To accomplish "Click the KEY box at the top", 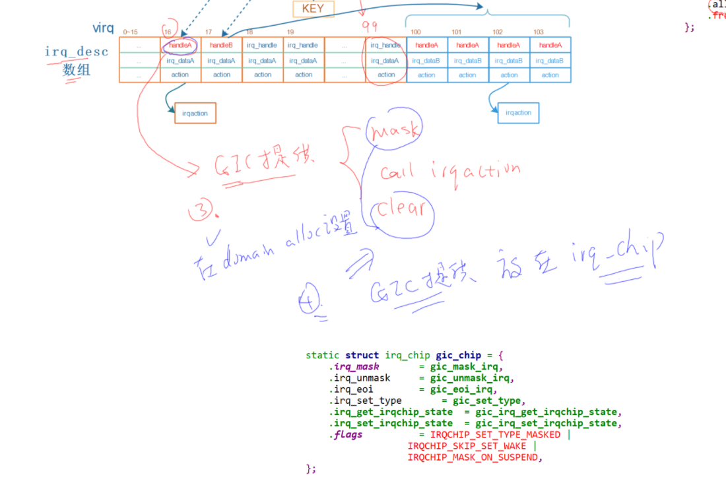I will [x=313, y=9].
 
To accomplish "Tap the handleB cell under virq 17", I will [x=221, y=45].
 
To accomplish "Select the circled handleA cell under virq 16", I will [x=180, y=45].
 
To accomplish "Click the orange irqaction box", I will [x=195, y=114].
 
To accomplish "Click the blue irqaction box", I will [x=518, y=113].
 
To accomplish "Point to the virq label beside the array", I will [x=103, y=28].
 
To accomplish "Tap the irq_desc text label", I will [x=77, y=51].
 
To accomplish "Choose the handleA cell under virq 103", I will [x=550, y=45].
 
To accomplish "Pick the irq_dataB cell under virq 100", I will [x=426, y=61].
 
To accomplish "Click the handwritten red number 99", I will [x=370, y=25].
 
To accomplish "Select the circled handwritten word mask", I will [x=394, y=132].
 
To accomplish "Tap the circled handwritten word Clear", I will [x=402, y=210].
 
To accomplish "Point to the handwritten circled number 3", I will [x=201, y=211].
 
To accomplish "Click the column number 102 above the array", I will [x=497, y=32].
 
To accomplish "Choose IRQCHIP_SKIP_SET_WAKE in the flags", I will [x=467, y=446].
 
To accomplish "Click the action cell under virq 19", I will [x=304, y=75].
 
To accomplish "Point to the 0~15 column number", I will [x=131, y=32].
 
